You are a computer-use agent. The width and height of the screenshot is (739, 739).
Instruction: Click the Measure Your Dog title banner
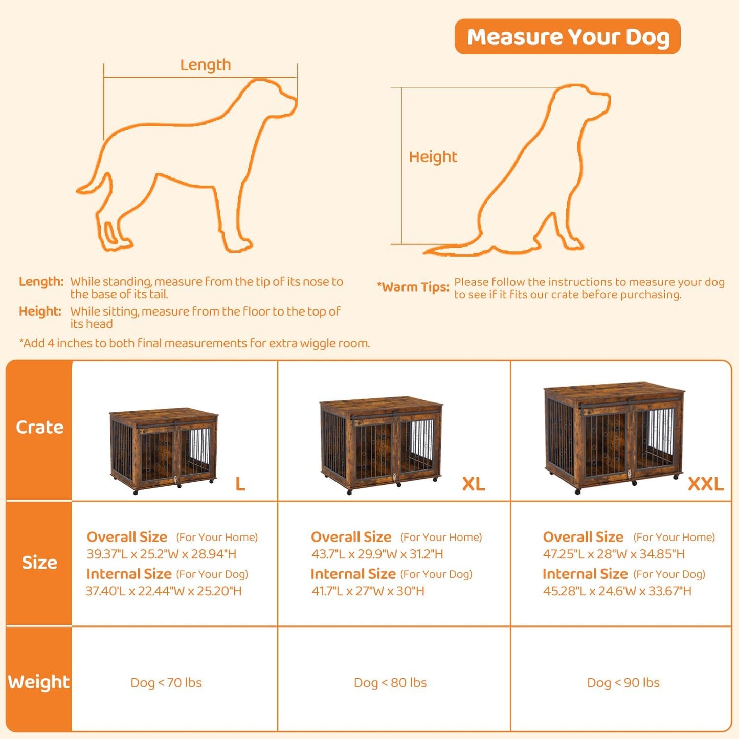point(567,37)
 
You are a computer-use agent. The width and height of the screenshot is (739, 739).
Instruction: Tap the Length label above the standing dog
point(205,65)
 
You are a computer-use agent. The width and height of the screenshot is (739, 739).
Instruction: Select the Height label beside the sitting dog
point(433,157)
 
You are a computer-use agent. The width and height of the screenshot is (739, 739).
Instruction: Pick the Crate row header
point(39,428)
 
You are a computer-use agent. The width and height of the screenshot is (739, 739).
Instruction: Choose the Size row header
point(39,563)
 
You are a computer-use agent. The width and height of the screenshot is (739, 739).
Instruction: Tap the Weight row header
point(39,682)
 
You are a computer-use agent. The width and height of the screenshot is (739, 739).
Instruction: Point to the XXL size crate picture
point(614,437)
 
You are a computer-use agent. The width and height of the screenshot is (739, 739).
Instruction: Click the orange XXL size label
point(705,484)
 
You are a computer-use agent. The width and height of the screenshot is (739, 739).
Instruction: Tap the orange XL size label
point(474,484)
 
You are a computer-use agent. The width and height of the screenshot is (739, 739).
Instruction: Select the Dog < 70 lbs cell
point(166,683)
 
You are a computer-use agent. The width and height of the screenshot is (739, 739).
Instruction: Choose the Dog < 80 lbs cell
point(390,683)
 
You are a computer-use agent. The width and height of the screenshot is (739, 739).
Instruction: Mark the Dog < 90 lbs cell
point(623,683)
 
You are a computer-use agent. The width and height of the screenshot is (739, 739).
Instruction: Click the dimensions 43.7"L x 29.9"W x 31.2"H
point(377,554)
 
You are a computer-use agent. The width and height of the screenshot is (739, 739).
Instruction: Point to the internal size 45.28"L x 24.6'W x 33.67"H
point(617,591)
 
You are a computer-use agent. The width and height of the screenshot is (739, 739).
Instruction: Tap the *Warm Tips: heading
point(413,287)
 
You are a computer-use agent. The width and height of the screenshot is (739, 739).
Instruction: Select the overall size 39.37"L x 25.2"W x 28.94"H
point(162,554)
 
